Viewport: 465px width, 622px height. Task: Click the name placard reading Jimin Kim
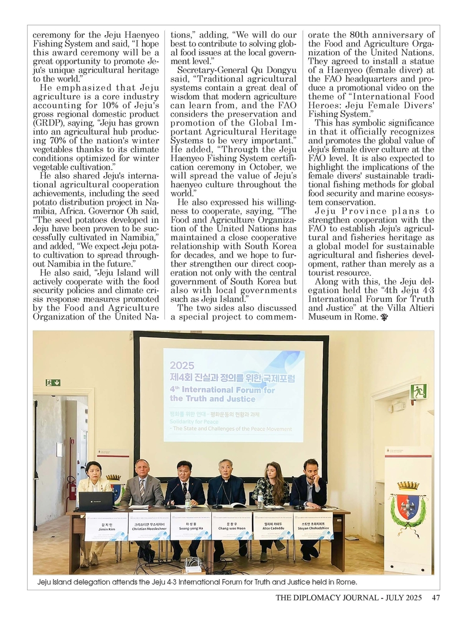coord(106,526)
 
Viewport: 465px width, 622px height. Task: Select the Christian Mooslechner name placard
coord(149,526)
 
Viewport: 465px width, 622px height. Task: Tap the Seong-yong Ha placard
coord(190,526)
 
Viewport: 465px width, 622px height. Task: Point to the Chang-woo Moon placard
coord(232,526)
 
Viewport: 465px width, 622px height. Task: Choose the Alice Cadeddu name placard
coord(272,526)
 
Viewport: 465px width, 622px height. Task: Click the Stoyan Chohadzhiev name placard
coord(313,526)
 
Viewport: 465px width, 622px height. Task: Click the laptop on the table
coord(96,501)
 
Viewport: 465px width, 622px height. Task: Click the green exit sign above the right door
coord(418,392)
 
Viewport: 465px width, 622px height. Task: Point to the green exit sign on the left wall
coord(53,383)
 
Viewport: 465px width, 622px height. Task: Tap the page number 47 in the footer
coord(436,598)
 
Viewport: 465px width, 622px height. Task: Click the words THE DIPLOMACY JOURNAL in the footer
coord(327,598)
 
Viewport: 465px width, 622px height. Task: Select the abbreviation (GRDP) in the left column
coord(49,124)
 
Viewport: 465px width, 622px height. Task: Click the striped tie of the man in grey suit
coord(142,487)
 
